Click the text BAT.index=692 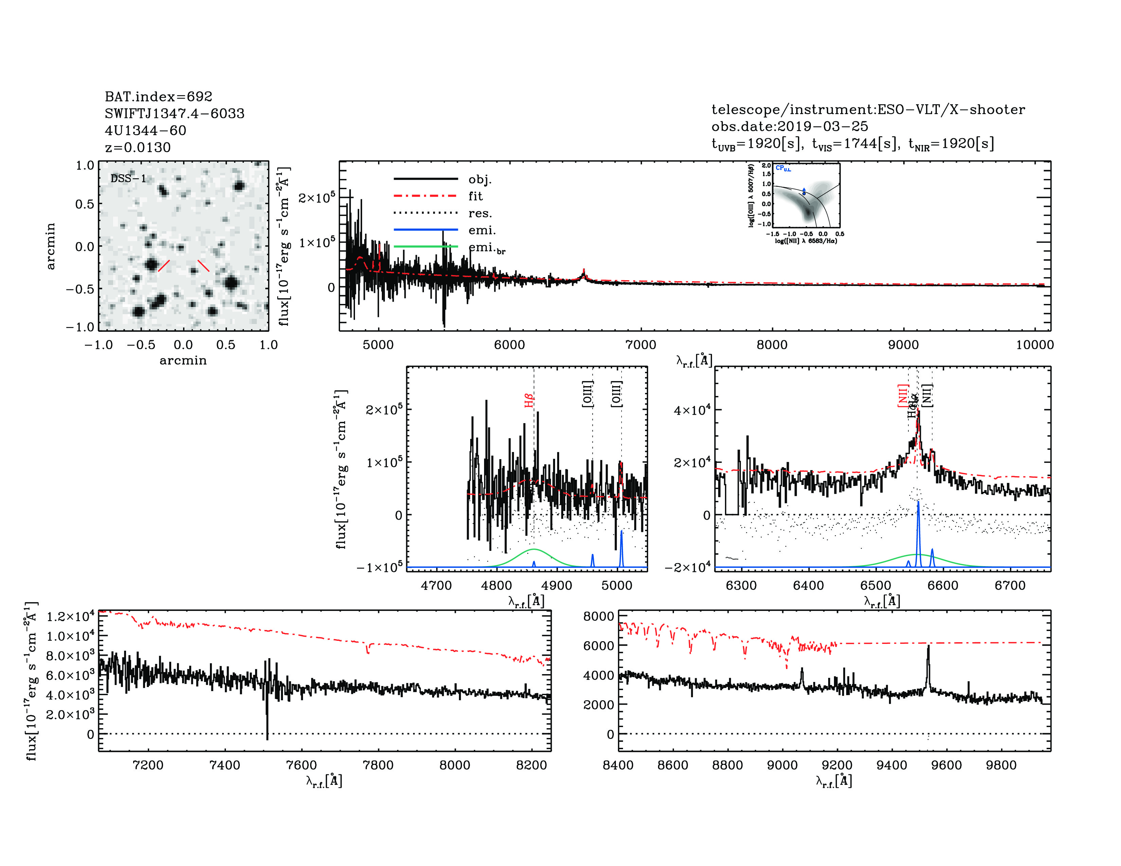coord(158,96)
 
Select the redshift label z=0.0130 coord(138,147)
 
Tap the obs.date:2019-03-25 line coord(789,126)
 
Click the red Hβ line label coord(529,400)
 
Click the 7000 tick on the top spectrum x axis coord(641,345)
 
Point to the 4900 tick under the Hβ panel coord(556,585)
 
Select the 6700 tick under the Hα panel coord(1010,585)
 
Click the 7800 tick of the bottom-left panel coord(378,765)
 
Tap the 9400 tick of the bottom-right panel coord(892,765)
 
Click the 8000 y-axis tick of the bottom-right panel coord(599,616)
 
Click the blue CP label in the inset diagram coord(783,168)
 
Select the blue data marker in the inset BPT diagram coord(804,192)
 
